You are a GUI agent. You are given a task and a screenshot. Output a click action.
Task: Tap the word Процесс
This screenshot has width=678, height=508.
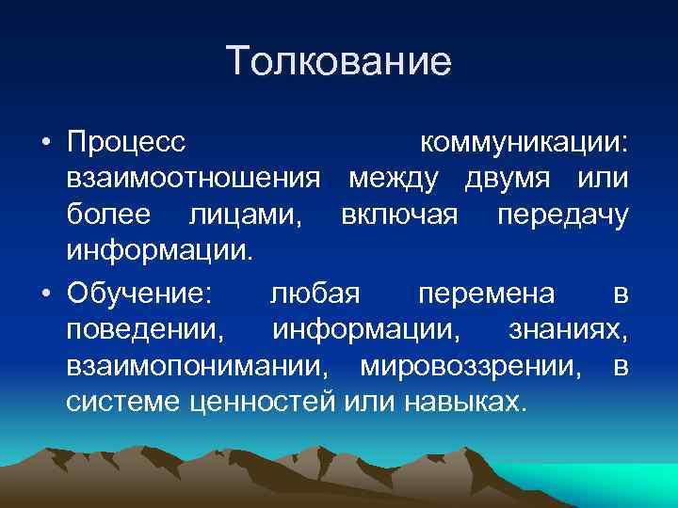pyautogui.click(x=127, y=143)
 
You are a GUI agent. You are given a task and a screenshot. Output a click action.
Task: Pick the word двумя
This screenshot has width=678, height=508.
pyautogui.click(x=509, y=179)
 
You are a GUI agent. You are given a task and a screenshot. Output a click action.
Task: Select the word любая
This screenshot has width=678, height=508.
pyautogui.click(x=315, y=294)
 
